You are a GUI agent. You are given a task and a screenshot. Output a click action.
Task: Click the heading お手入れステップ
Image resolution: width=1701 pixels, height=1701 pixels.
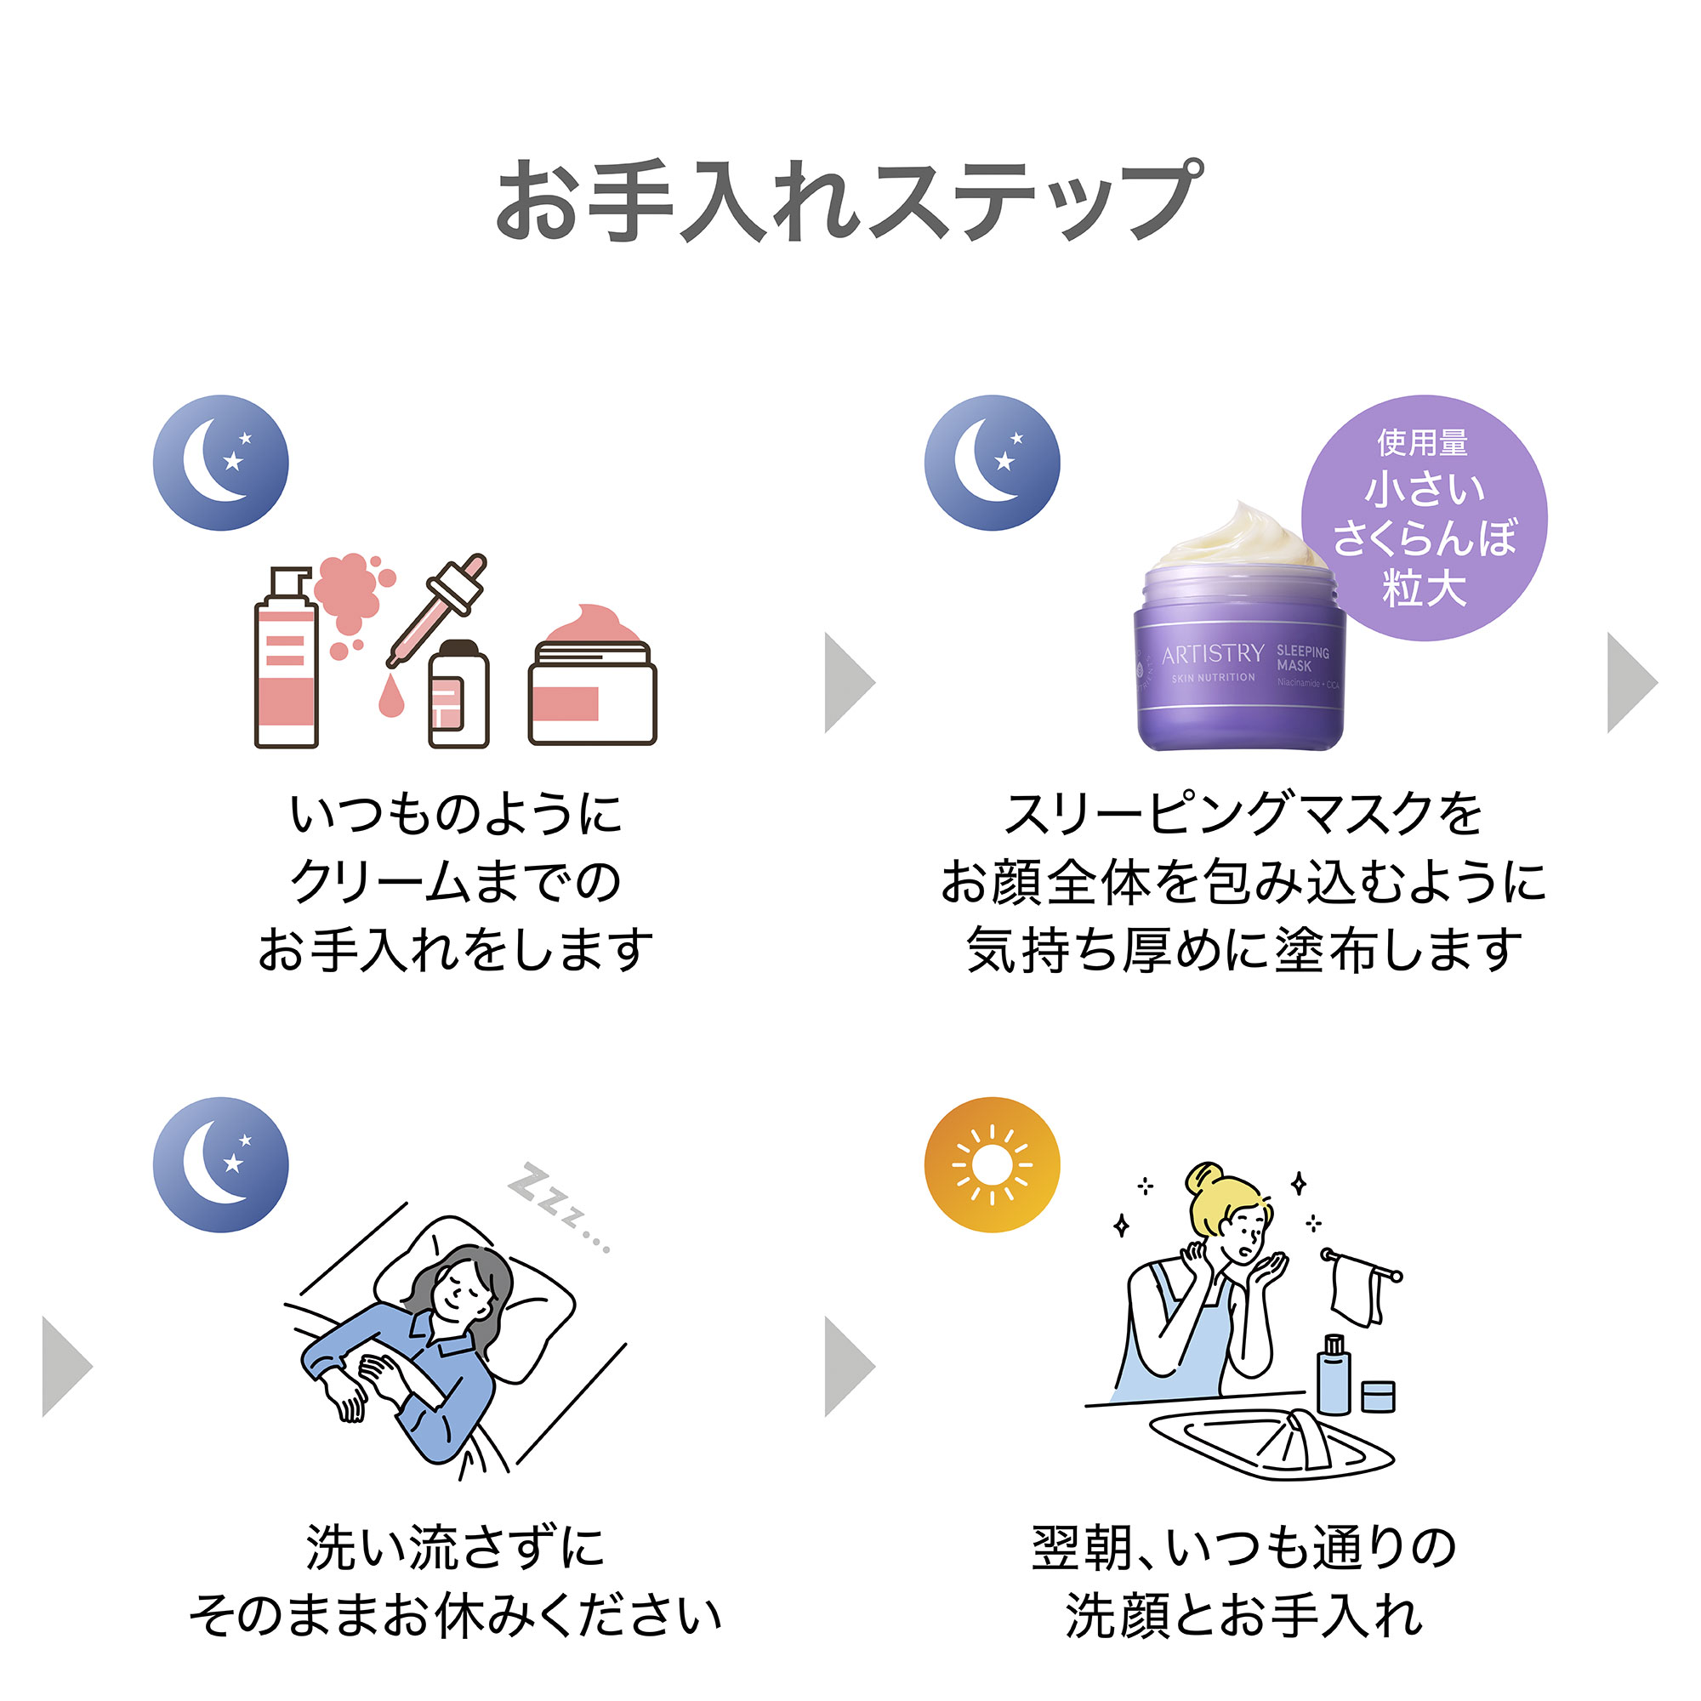(x=849, y=201)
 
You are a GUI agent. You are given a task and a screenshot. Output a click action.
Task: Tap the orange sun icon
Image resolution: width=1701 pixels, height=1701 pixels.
(x=992, y=1165)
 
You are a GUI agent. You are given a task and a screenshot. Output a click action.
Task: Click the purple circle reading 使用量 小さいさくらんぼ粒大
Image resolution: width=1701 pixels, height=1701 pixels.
(x=1424, y=518)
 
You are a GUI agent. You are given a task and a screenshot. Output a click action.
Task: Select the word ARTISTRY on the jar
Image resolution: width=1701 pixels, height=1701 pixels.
(x=1212, y=654)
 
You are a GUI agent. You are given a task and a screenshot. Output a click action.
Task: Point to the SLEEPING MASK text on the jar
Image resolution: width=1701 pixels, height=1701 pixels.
(x=1302, y=657)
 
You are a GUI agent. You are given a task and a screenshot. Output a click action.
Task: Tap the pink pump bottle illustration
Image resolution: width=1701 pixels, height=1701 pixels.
(x=286, y=660)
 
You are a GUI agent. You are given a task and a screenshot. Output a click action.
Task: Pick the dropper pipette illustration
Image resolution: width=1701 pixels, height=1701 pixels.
(x=437, y=607)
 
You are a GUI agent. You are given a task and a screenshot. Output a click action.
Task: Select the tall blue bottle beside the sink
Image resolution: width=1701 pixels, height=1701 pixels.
(x=1333, y=1375)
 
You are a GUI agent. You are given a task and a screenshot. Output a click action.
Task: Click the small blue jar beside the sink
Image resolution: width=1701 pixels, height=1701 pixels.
(x=1378, y=1397)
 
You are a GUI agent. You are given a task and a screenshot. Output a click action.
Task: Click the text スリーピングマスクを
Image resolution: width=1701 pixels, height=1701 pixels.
(x=1243, y=814)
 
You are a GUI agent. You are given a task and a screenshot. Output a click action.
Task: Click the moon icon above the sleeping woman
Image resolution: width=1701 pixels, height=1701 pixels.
(x=220, y=1165)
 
